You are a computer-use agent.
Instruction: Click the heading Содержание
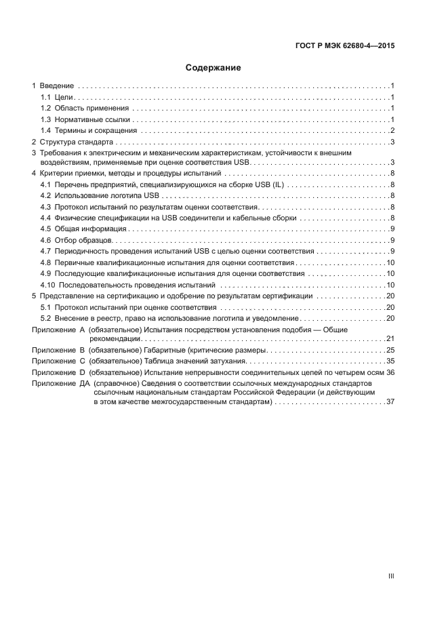click(213, 68)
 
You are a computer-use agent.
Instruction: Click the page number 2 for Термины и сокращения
click(392, 130)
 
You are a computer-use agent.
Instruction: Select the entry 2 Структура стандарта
click(73, 142)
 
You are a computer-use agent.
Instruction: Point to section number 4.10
click(47, 285)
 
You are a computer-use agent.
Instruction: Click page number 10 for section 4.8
click(390, 262)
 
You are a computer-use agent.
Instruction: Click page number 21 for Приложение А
click(390, 338)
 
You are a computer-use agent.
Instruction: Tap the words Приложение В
click(56, 350)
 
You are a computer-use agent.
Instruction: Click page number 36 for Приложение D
click(390, 372)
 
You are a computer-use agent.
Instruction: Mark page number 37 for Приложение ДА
click(390, 402)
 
